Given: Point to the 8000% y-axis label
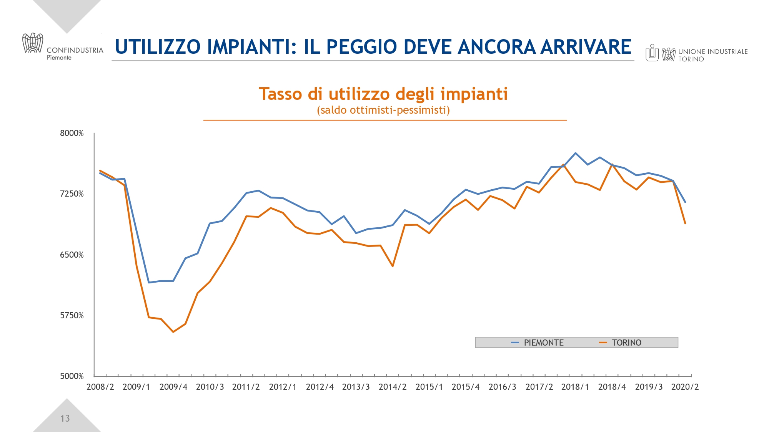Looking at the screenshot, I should click(72, 133).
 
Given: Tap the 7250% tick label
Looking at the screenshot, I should click(72, 194).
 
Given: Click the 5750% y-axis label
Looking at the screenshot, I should click(72, 316).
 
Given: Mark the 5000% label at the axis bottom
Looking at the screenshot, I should click(72, 376).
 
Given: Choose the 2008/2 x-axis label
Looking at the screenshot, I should click(100, 387).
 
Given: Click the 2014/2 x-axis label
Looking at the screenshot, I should click(393, 387).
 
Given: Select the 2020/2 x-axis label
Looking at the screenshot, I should click(685, 387).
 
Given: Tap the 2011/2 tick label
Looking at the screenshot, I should click(246, 387).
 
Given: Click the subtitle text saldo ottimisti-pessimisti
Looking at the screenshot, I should click(383, 110).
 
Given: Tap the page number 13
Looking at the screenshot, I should click(65, 418).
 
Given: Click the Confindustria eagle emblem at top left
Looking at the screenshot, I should click(33, 43).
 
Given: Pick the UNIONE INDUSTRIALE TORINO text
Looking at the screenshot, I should click(712, 55).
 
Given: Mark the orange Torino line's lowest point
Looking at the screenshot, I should click(173, 332).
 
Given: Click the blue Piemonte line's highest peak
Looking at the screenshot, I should click(575, 153).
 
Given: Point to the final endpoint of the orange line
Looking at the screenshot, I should click(685, 223).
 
